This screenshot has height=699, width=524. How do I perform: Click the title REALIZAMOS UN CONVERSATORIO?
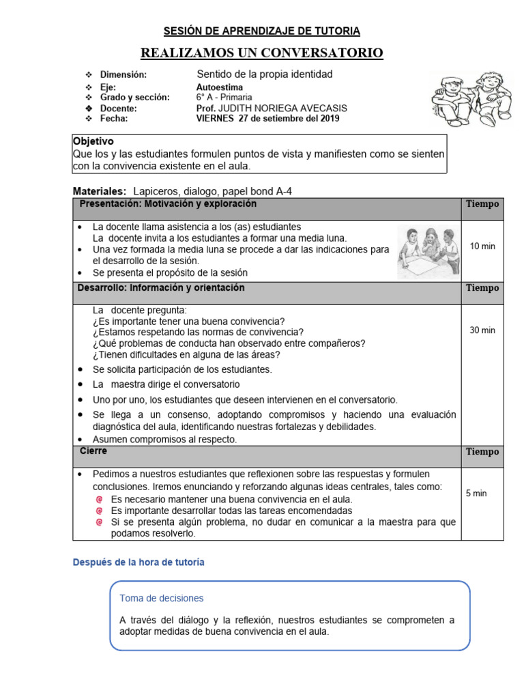coord(261,53)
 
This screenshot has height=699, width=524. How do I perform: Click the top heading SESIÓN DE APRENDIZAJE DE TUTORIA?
coord(262,31)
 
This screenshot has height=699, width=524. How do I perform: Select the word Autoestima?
coord(219,87)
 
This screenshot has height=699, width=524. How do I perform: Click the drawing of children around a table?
coord(427,251)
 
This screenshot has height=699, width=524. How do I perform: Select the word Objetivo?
coord(93,141)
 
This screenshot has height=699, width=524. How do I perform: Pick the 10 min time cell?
coord(482,246)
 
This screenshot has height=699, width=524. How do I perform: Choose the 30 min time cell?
coord(482,330)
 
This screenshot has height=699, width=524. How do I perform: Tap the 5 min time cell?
coord(476,493)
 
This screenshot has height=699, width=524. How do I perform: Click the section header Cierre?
coord(93,451)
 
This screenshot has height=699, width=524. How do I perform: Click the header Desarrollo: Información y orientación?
coord(161,288)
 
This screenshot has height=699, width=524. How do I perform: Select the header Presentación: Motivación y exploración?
coord(168,203)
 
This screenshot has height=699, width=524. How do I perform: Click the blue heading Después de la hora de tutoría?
coord(139,562)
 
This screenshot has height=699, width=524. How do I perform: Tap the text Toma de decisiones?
coord(162,598)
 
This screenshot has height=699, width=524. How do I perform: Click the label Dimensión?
coord(123,74)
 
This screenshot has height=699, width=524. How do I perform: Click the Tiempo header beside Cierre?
coord(482,452)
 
